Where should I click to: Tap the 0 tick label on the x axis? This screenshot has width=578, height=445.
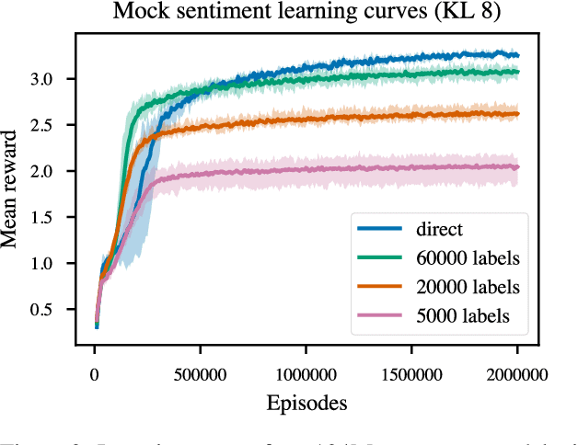click(95, 374)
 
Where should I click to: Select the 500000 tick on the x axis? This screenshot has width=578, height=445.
click(201, 374)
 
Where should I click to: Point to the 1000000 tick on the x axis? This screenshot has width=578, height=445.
click(306, 374)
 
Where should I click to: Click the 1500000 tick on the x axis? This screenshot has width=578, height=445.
click(411, 374)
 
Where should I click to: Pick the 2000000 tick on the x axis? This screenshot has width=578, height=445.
click(516, 374)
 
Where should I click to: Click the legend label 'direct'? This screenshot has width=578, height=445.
click(438, 229)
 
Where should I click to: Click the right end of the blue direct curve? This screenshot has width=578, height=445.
click(518, 55)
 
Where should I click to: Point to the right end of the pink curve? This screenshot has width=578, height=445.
click(518, 167)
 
